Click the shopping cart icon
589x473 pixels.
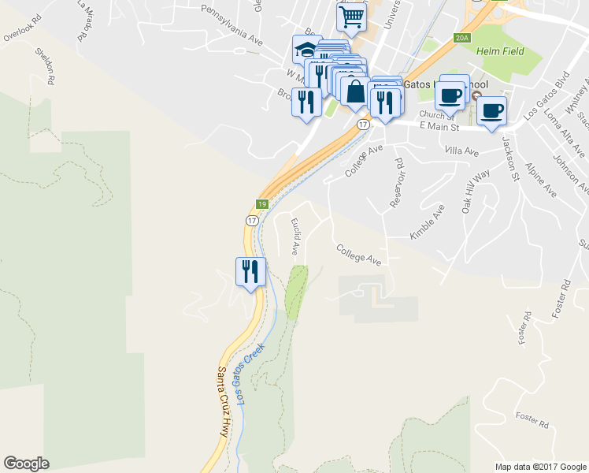coord(351,16)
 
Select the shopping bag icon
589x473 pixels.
coord(355,92)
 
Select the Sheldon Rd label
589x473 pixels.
coord(44,66)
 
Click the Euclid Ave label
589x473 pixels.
coord(294,236)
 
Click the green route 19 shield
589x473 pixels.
coord(262,204)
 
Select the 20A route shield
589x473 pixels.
coord(461,37)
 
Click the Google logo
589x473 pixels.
coord(26,464)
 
